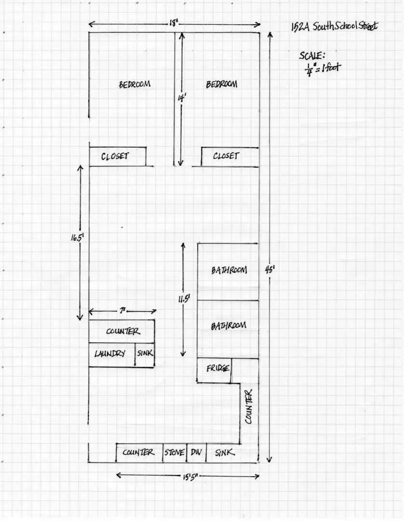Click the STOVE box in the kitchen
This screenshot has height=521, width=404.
[175, 452]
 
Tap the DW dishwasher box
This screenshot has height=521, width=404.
[197, 452]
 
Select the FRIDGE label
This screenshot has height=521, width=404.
[218, 368]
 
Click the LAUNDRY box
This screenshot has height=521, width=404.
[112, 355]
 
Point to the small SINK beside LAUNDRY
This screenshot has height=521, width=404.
[145, 355]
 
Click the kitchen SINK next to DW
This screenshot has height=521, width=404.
[232, 452]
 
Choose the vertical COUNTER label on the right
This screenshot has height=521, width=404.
[249, 407]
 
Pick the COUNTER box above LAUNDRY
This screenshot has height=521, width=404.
[121, 331]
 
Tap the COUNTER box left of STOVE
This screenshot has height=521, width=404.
[139, 452]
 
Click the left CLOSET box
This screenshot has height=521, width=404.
[118, 156]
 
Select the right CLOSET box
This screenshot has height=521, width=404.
[229, 156]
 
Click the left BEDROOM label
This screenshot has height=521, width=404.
[135, 84]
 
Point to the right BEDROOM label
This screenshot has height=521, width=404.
[221, 84]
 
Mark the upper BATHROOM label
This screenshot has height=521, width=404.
[229, 270]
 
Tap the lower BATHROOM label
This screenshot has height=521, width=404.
[229, 326]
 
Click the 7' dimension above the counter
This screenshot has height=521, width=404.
[122, 311]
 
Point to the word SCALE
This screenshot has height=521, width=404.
[312, 55]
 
